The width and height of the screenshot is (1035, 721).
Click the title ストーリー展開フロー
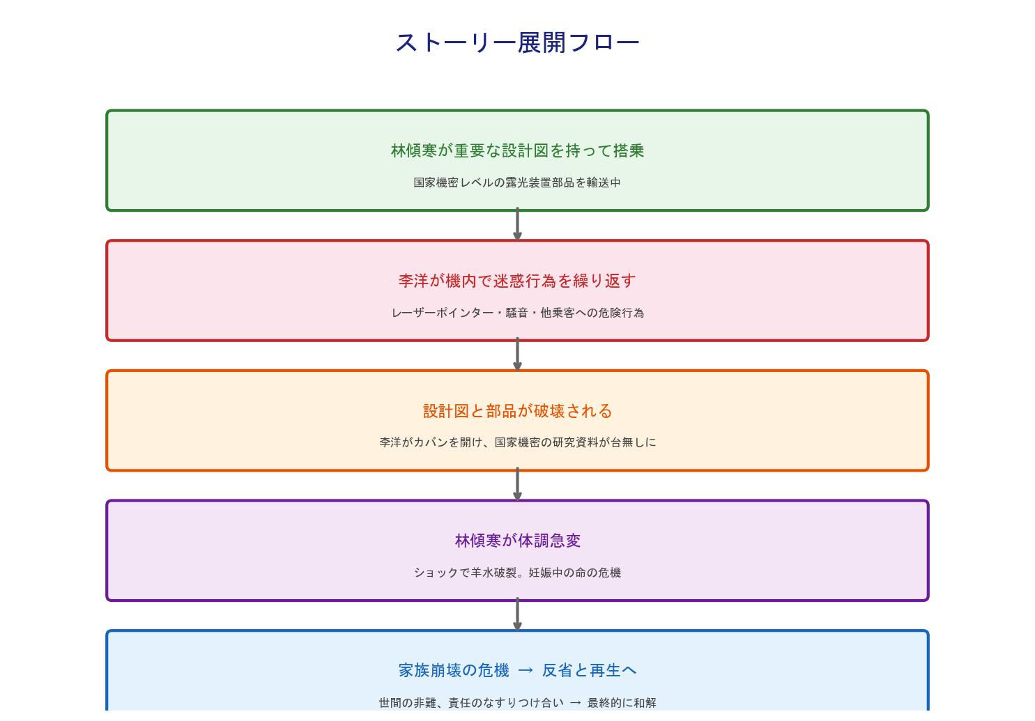pos(517,42)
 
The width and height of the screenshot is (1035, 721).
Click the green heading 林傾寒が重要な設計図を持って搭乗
pos(517,150)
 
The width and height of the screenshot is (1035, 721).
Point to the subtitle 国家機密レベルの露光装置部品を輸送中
pos(517,183)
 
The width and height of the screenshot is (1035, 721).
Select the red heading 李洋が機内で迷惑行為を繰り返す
pos(517,281)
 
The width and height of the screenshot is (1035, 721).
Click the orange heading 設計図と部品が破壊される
pos(517,411)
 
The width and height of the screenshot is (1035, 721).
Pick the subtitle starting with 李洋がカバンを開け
pos(517,442)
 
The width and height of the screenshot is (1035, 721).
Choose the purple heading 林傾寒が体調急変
pos(517,541)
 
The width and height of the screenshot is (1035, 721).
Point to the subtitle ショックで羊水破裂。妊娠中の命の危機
pos(517,573)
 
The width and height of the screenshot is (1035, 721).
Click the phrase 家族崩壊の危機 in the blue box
pos(454,670)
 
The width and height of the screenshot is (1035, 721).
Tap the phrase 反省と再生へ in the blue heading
pos(589,670)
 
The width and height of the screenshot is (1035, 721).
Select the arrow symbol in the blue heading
pos(526,670)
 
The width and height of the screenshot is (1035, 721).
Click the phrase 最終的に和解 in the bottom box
pos(622,703)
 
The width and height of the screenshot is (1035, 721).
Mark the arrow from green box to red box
pos(517,225)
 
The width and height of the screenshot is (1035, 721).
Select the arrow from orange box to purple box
pos(517,485)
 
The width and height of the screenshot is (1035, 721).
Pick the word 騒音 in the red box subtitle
pos(517,313)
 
